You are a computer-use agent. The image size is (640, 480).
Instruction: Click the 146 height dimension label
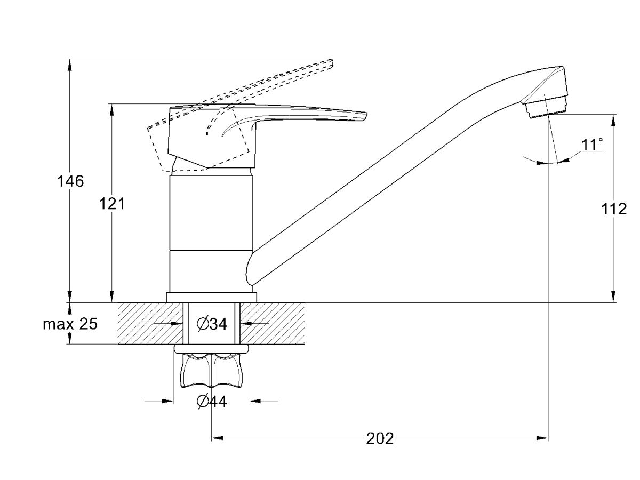pyautogui.click(x=70, y=181)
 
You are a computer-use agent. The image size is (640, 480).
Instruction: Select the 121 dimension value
pyautogui.click(x=112, y=204)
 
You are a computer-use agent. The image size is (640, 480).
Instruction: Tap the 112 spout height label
pyautogui.click(x=614, y=209)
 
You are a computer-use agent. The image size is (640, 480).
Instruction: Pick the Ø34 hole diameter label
pyautogui.click(x=212, y=324)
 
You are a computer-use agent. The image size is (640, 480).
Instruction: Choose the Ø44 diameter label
pyautogui.click(x=212, y=402)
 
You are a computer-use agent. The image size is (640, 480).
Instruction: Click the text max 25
pyautogui.click(x=70, y=324)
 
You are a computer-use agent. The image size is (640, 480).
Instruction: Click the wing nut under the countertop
pyautogui.click(x=211, y=370)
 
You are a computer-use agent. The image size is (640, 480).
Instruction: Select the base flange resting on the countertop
pyautogui.click(x=211, y=297)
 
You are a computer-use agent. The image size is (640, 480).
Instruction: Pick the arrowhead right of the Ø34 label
pyautogui.click(x=246, y=323)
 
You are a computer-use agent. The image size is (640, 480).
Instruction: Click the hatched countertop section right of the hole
pyautogui.click(x=273, y=324)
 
